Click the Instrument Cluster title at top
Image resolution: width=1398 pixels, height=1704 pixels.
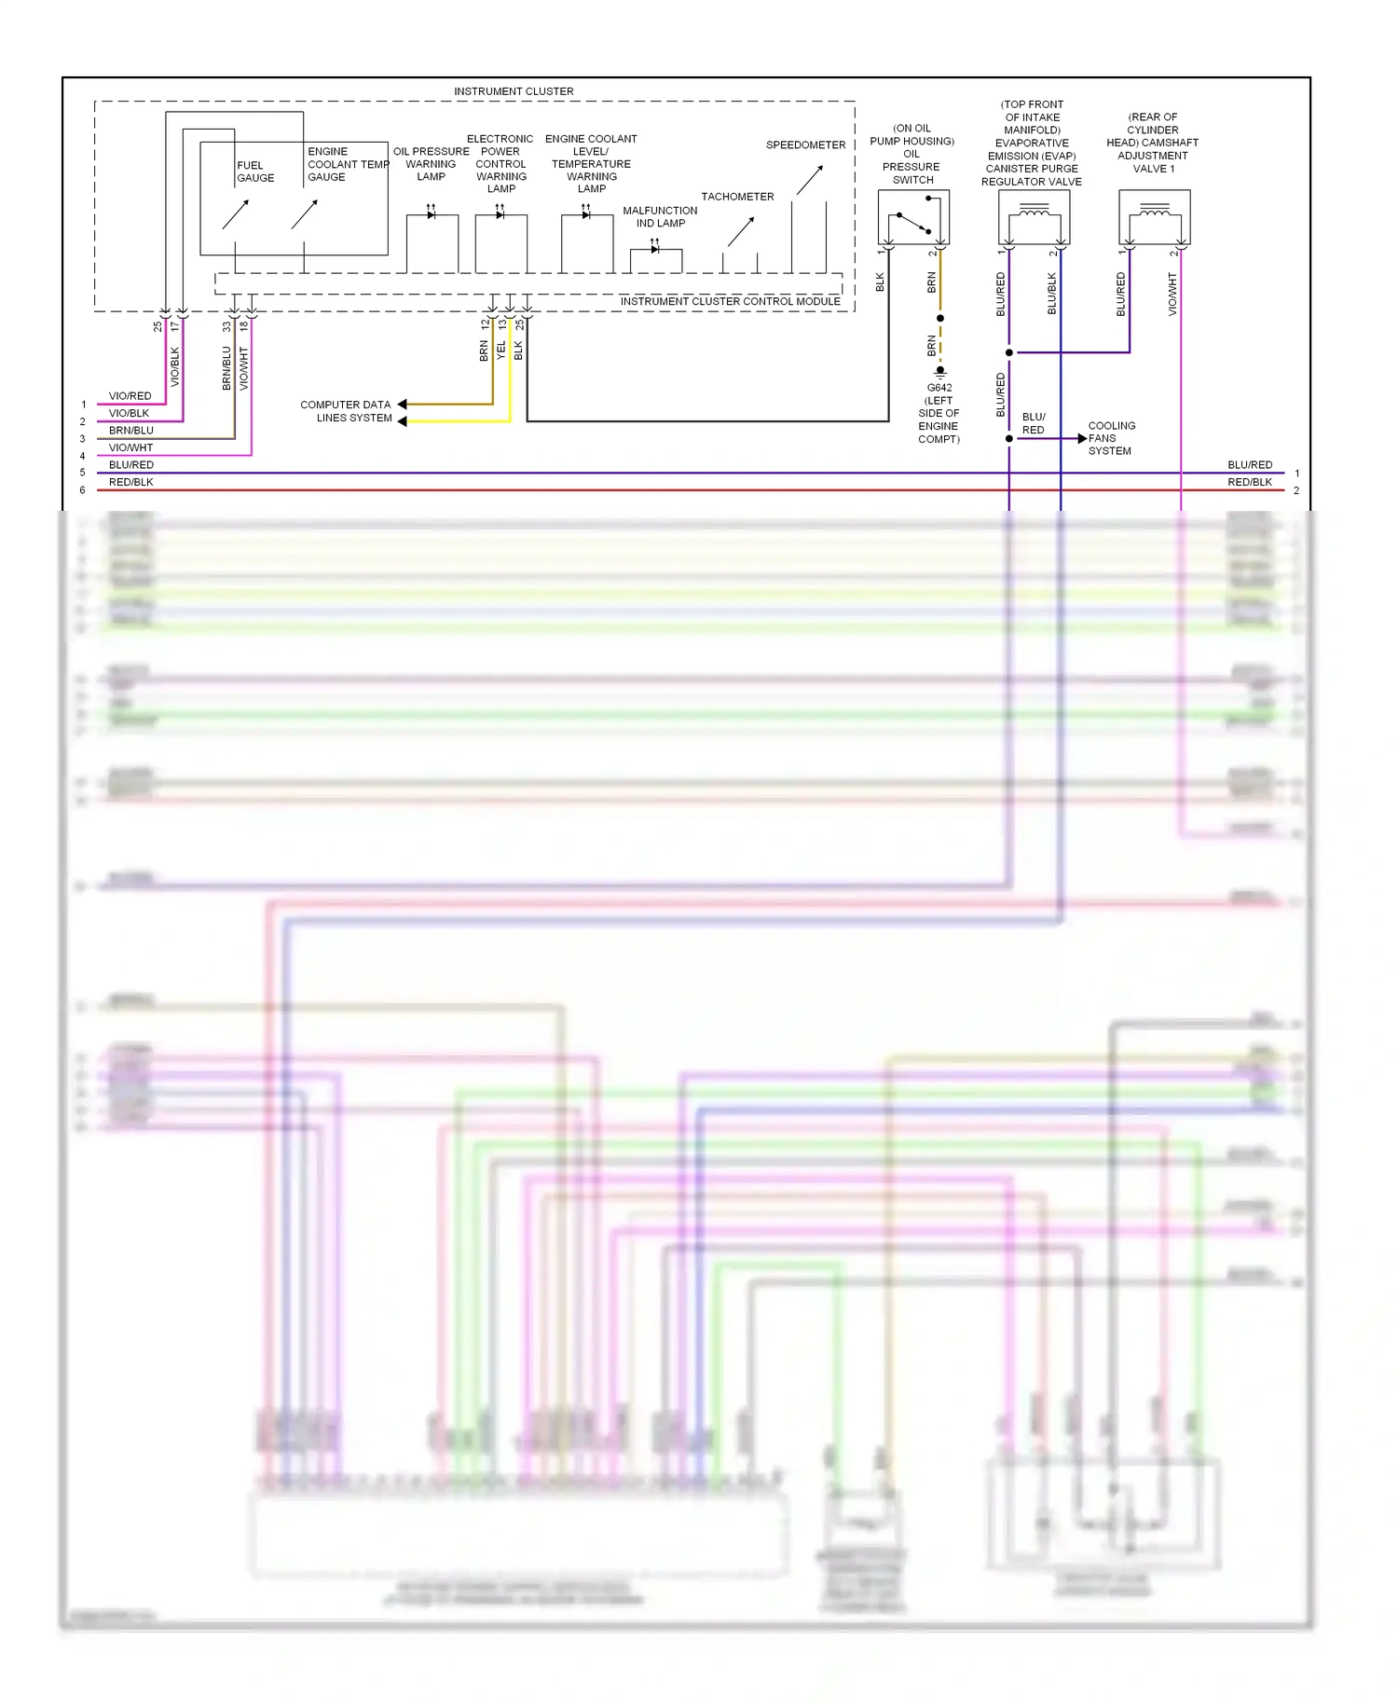(x=514, y=91)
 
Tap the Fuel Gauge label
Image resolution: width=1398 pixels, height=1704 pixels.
(x=254, y=172)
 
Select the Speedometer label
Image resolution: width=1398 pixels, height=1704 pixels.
(x=805, y=145)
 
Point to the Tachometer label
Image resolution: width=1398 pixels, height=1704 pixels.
(x=737, y=197)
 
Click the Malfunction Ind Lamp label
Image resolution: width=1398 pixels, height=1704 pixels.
(x=660, y=217)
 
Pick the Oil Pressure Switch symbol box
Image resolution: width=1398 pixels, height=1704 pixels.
(x=913, y=218)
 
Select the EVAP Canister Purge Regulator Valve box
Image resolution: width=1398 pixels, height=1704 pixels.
(x=1034, y=218)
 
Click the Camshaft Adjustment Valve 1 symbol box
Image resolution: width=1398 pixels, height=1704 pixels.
(x=1154, y=218)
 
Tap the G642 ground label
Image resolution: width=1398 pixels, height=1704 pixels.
(x=939, y=388)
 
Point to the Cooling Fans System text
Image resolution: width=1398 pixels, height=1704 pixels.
(x=1111, y=438)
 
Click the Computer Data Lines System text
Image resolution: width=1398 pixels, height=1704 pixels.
(x=346, y=411)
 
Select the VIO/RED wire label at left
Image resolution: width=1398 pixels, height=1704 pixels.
(x=130, y=396)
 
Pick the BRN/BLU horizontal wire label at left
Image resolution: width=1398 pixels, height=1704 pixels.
(x=130, y=431)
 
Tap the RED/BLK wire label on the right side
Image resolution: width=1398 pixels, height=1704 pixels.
(x=1249, y=482)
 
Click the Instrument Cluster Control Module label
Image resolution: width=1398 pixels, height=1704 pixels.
(x=730, y=301)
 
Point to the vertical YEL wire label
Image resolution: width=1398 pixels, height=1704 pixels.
(x=501, y=350)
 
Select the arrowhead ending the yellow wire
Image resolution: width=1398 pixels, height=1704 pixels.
(x=403, y=421)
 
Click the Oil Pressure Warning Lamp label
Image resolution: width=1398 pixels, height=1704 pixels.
(x=431, y=164)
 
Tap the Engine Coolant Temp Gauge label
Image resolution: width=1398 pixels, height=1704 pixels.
(x=349, y=164)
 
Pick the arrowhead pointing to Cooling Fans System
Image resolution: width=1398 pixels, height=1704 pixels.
(x=1082, y=438)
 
